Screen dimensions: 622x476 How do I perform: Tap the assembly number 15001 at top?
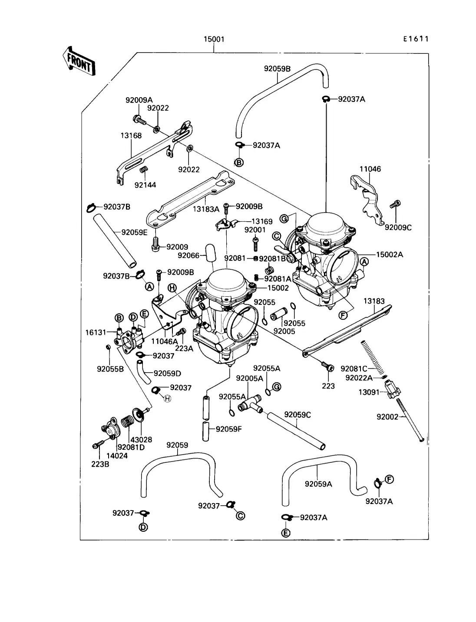[214, 39]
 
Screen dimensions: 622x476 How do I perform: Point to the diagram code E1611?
[415, 39]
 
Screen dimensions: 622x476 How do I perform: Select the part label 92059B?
[277, 68]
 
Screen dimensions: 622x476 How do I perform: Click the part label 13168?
[131, 136]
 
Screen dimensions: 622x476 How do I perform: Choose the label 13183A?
[206, 209]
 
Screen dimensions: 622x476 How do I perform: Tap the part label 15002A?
[389, 255]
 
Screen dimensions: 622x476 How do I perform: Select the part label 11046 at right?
[370, 169]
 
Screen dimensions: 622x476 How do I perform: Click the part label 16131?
[96, 332]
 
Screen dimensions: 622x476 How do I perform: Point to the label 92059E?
[134, 232]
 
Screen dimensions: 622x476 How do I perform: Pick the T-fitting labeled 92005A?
[249, 403]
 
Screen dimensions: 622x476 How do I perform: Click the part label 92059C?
[297, 415]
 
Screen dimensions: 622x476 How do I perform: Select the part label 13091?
[369, 392]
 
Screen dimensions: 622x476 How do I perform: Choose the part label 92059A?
[318, 484]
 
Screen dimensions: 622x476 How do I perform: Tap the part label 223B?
[100, 464]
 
